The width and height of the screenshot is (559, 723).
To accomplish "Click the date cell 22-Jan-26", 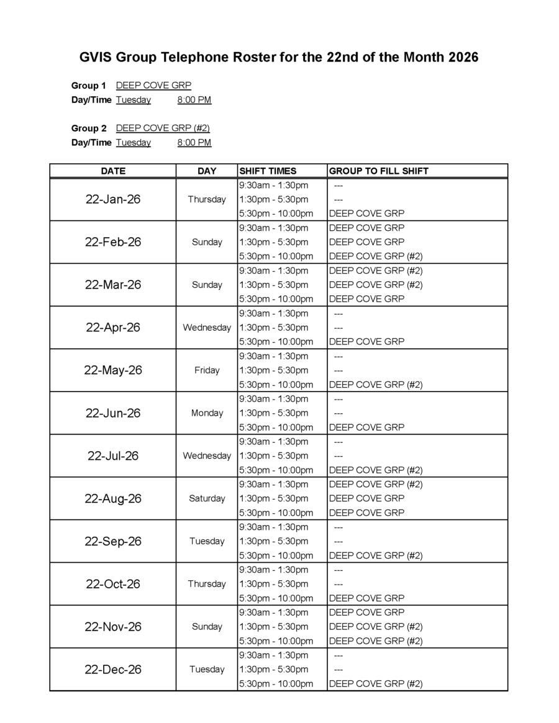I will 113,199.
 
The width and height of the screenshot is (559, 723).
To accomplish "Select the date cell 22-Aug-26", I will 113,498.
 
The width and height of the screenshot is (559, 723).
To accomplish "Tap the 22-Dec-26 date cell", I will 113,670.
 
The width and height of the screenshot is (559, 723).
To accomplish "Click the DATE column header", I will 113,171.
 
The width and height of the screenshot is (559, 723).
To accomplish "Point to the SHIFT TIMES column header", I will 268,171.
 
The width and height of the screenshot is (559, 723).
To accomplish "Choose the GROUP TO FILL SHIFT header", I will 378,171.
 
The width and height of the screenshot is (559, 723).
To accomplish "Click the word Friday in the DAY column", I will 207,370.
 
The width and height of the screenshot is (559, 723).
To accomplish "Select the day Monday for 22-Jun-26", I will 207,413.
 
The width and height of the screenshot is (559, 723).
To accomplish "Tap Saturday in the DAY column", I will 207,498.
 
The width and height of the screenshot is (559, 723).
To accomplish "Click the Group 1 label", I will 89,86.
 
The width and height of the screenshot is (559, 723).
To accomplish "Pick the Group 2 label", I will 89,128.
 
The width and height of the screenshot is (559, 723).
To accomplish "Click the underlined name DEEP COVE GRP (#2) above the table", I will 163,128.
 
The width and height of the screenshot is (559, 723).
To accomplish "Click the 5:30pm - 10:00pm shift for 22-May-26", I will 276,385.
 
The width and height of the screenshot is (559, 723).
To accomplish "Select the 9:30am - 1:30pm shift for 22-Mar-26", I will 273,271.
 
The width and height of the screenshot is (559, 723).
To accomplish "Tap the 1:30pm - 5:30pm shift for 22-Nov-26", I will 273,627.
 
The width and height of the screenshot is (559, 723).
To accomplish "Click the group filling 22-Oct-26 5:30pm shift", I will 366,598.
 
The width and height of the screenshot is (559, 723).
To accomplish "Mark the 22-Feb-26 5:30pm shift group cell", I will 375,256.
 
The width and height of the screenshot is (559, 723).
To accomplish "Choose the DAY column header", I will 207,171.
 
